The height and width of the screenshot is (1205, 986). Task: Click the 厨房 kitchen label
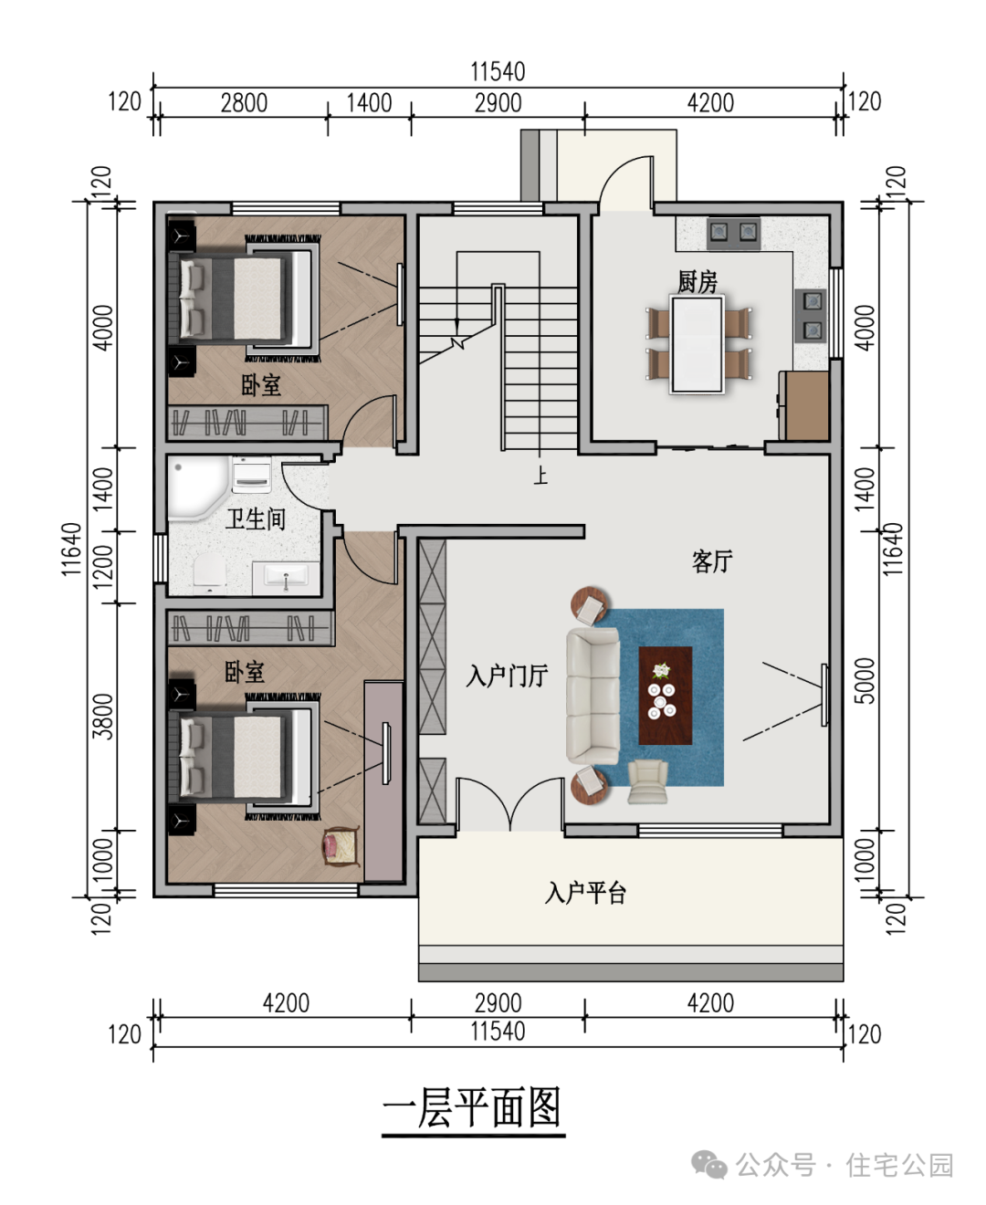[697, 282]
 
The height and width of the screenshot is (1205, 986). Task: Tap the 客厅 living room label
[711, 561]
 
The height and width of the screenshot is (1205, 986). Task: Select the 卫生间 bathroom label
[256, 519]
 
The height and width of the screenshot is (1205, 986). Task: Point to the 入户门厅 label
[507, 676]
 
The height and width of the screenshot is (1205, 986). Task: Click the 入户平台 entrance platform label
[585, 892]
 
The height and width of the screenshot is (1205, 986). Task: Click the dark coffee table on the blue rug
[666, 696]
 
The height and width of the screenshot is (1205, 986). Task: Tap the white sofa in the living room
[593, 696]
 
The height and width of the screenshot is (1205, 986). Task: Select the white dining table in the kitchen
[698, 344]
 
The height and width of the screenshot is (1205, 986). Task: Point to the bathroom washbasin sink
[286, 578]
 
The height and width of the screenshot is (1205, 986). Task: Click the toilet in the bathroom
[209, 573]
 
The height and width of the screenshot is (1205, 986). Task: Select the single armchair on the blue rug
[647, 781]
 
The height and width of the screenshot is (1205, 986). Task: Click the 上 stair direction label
[540, 476]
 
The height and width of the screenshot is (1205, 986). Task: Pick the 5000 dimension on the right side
[866, 680]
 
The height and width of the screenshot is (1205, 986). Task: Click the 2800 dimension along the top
[244, 103]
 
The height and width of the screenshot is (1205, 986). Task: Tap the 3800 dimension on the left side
[103, 717]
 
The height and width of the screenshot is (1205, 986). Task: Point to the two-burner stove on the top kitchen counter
[733, 233]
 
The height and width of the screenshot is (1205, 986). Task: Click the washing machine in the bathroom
[251, 474]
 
